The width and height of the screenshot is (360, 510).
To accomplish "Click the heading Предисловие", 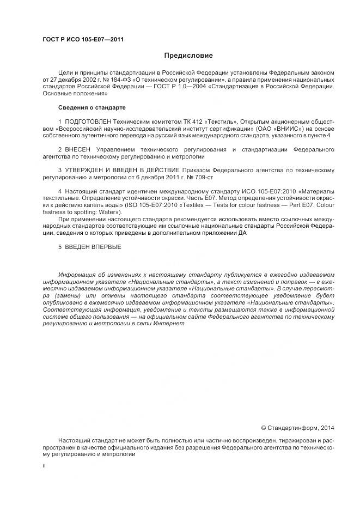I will [189, 56].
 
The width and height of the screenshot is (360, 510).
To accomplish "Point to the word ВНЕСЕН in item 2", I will [78, 149].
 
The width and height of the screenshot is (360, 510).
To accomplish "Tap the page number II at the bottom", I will [44, 466].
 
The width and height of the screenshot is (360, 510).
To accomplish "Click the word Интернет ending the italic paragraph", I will [173, 323].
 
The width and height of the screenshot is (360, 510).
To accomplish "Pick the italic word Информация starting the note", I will [77, 274].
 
